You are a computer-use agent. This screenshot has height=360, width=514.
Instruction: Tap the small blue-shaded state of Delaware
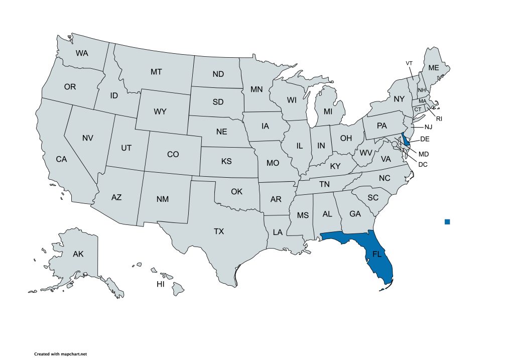[x=406, y=140]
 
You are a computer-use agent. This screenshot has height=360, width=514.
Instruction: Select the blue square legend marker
[x=447, y=221]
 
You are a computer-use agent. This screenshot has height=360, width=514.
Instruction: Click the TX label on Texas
[x=219, y=231]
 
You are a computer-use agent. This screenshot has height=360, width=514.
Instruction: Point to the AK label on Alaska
[x=78, y=254]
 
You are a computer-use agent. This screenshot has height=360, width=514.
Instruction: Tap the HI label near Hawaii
[x=161, y=284]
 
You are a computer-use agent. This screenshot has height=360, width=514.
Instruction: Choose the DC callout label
[x=423, y=164]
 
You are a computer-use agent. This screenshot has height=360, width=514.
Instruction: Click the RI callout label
[x=439, y=119]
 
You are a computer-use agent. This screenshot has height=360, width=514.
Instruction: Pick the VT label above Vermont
[x=409, y=63]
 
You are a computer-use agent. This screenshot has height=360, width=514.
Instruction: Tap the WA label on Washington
[x=82, y=53]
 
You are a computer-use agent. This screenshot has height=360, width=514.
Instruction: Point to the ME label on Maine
[x=433, y=68]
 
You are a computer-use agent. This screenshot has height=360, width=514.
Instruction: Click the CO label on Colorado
[x=173, y=155]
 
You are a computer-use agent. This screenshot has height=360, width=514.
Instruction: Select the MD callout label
[x=424, y=154]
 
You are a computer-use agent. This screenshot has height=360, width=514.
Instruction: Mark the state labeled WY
[x=160, y=111]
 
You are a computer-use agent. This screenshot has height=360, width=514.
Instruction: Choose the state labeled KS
[x=226, y=162]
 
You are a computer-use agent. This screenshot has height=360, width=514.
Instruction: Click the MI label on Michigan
[x=328, y=111]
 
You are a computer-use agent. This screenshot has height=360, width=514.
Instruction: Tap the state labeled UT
[x=126, y=148]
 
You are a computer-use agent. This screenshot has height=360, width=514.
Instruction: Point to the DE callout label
[x=425, y=139]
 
